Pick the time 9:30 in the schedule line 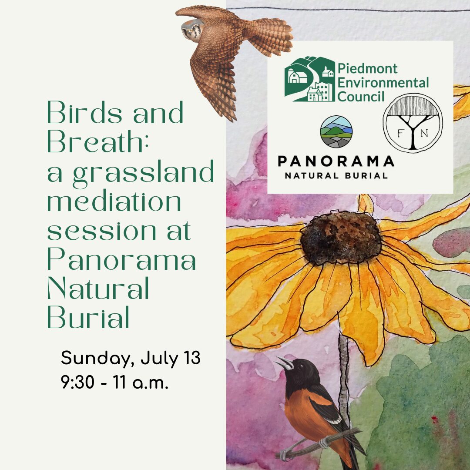click(77, 383)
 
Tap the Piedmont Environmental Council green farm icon click(310, 79)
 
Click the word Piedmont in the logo click(367, 68)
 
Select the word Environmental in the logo click(383, 82)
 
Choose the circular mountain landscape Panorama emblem click(336, 131)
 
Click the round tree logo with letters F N click(413, 123)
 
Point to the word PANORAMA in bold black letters click(336, 161)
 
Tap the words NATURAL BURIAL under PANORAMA click(336, 176)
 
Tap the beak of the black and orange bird click(284, 363)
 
